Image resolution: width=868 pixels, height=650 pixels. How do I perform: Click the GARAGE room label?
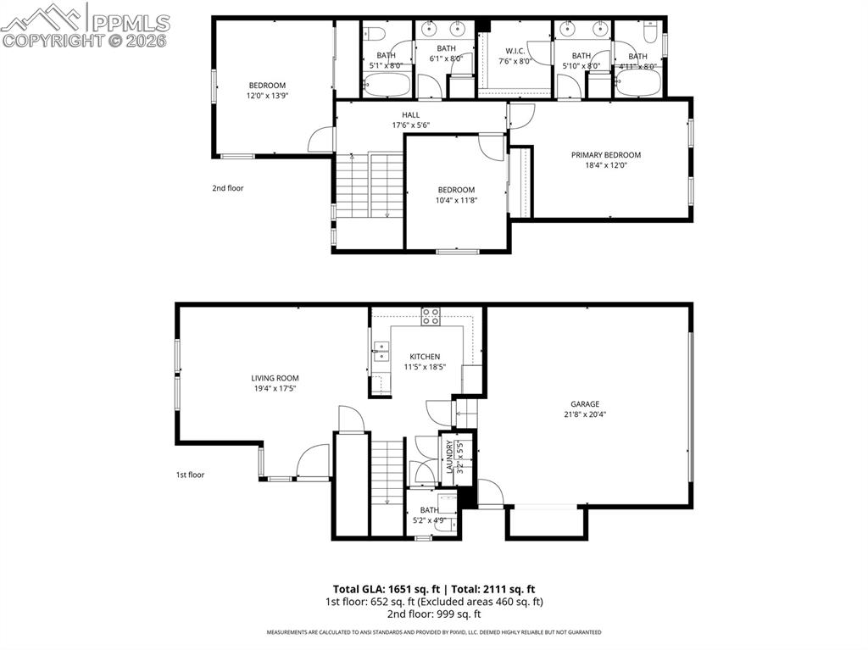pos(584,404)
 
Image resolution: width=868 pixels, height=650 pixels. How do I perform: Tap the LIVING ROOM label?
pos(275,378)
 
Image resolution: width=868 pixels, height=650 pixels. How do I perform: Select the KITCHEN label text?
pos(425,357)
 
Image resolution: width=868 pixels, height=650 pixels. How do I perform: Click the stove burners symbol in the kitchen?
pos(431,317)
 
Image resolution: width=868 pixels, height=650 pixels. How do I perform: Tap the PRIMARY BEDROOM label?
pos(605,155)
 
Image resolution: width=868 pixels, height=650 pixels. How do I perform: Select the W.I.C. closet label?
pos(517,51)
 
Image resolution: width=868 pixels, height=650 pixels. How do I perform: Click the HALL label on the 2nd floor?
pos(410,115)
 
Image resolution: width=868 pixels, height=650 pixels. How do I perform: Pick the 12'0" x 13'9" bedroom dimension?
pos(267,96)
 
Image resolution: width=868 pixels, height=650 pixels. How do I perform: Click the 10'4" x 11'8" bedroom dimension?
pos(456,200)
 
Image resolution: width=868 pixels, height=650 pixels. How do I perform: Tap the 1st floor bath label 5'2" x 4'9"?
pos(429,520)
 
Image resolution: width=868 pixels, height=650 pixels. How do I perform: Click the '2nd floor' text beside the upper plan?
pos(227,188)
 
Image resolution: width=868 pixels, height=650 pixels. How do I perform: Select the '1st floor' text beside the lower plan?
pos(190,475)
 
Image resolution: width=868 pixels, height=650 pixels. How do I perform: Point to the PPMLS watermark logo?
pos(85,25)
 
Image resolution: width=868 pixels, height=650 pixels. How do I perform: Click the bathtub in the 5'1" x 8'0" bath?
pos(387,86)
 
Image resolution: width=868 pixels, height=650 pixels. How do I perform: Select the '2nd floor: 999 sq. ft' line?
pos(434,614)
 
